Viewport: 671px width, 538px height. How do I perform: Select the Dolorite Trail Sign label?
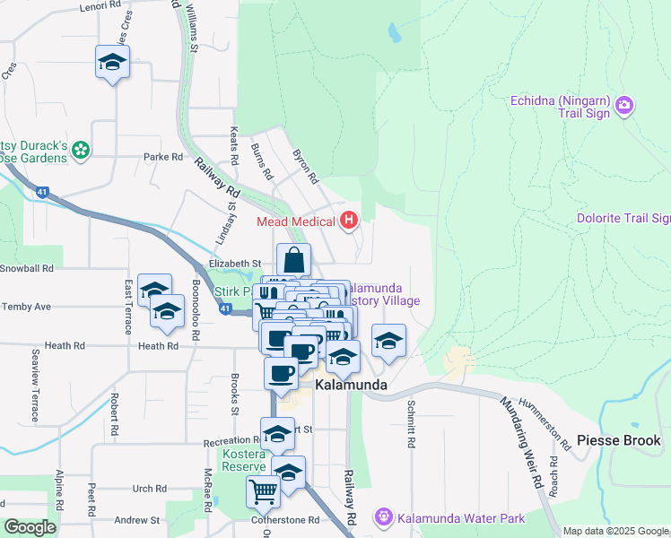tap(623, 218)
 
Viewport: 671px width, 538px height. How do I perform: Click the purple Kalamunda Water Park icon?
tap(384, 517)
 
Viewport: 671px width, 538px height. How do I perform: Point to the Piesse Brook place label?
tap(619, 440)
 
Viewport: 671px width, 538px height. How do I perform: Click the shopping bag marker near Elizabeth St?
tap(293, 261)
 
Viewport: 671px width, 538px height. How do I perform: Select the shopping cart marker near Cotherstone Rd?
tap(263, 490)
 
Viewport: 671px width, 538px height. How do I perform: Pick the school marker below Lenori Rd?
tap(112, 63)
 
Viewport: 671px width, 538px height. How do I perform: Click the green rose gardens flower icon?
tap(82, 150)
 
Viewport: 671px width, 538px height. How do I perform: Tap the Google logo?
tap(30, 527)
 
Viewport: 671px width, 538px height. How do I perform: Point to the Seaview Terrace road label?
tap(35, 386)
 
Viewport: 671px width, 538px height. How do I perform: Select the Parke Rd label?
tap(163, 156)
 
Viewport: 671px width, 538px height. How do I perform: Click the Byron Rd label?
tap(306, 166)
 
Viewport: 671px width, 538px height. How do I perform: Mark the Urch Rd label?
tap(149, 489)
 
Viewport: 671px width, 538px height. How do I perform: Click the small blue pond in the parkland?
tap(394, 34)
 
